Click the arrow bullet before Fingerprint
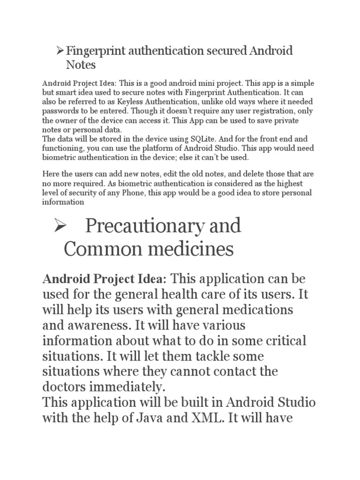coord(60,50)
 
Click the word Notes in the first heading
coord(80,64)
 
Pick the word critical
coord(284,341)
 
